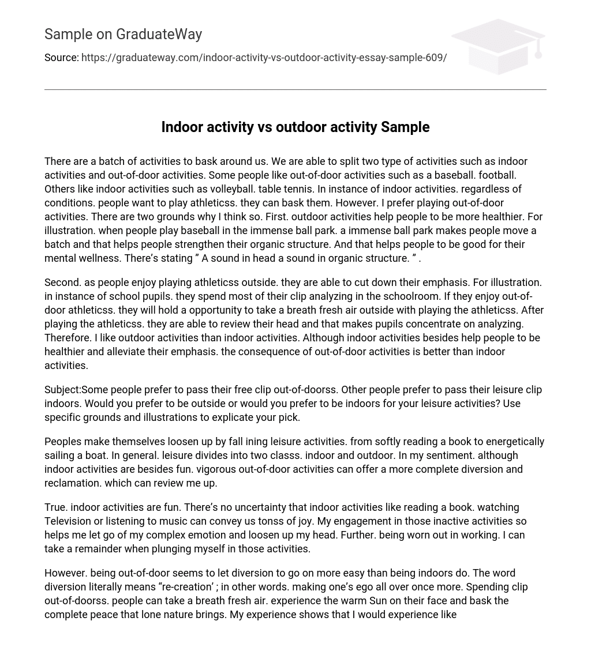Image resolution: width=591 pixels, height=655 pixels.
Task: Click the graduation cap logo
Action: [499, 46]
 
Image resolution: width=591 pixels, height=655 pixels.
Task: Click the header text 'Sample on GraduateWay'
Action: [123, 35]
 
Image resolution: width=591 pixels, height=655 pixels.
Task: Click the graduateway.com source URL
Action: [264, 58]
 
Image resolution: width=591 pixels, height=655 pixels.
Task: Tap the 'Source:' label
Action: [61, 58]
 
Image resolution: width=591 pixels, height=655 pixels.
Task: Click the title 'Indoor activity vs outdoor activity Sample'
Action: [295, 127]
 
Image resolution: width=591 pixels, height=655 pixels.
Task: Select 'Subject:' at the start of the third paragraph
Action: [62, 390]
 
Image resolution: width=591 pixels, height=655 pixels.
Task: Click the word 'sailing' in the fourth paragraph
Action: [61, 456]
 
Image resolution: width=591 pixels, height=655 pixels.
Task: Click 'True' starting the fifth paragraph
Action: [55, 507]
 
